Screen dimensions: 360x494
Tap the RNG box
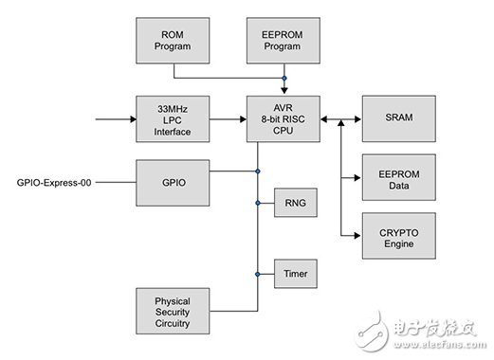tap(292, 203)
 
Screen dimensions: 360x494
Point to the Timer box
tap(292, 273)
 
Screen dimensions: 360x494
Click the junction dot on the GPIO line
tap(257, 171)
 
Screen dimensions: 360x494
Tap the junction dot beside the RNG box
tap(257, 203)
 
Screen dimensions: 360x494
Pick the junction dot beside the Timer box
tap(257, 273)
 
